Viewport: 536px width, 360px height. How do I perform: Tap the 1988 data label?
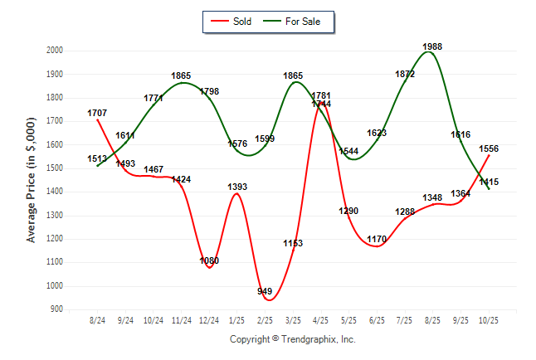[x=432, y=46]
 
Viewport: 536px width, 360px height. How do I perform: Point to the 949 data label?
[x=265, y=291]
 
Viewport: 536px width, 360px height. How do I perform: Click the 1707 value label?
[x=97, y=112]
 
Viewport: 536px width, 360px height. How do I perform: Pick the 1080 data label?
[x=209, y=260]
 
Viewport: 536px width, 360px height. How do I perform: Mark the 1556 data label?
[x=489, y=148]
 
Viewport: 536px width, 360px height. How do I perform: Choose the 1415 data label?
[x=489, y=182]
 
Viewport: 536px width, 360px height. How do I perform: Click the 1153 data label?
[x=293, y=243]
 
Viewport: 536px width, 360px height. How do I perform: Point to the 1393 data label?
[x=237, y=187]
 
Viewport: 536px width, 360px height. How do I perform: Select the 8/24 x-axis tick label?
[x=97, y=320]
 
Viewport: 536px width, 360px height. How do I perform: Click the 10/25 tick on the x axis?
[x=489, y=320]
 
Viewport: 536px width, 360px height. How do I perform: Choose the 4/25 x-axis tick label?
[x=321, y=320]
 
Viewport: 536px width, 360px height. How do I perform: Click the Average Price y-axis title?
[x=32, y=180]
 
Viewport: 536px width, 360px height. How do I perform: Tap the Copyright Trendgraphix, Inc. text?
[x=292, y=339]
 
